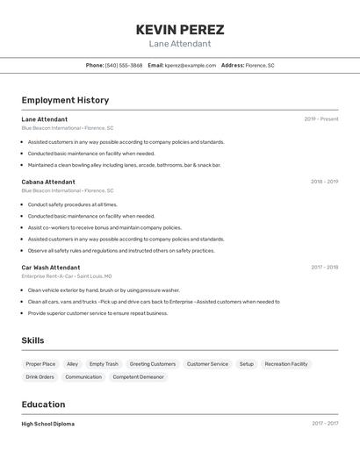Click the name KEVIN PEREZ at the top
180,29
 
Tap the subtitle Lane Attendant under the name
180,44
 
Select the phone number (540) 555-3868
124,65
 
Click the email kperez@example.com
190,65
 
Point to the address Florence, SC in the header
260,65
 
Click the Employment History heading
65,100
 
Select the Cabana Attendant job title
48,182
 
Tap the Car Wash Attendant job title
51,267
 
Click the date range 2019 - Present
320,119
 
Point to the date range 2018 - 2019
324,182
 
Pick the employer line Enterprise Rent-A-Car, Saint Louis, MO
67,275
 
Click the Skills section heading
32,340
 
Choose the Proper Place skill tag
40,364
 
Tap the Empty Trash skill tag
104,364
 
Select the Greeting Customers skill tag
153,364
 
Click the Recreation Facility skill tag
286,364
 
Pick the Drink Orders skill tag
40,377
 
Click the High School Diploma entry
48,424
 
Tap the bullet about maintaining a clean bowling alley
124,165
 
